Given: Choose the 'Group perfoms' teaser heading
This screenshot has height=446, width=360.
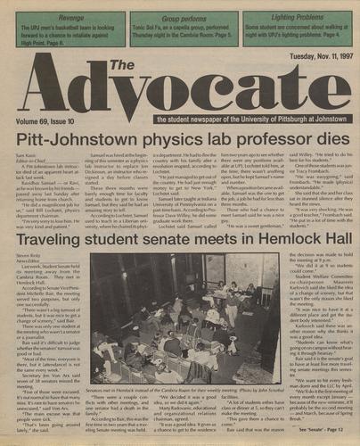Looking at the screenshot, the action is [x=179, y=16].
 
